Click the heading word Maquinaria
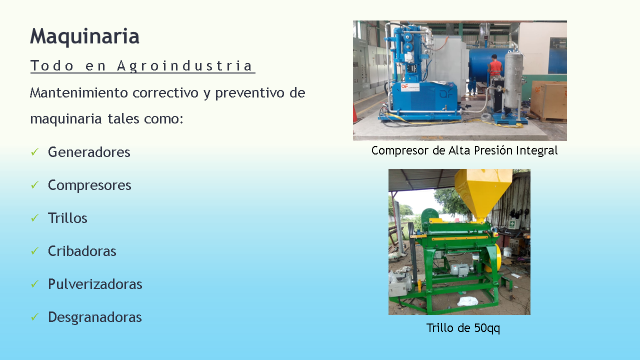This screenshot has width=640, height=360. pos(84,37)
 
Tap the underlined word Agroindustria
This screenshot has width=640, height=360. pos(184,66)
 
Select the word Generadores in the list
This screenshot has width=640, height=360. pos(89,152)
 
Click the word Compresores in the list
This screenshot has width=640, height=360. pos(89,185)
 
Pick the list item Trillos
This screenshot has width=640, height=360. pos(67,218)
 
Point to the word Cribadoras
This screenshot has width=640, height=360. pos(82,251)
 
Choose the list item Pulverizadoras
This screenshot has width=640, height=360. pos(95,284)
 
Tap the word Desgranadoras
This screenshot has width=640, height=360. pos(94,317)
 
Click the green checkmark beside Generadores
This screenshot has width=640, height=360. pos(34,152)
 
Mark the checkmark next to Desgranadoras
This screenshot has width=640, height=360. pos(34,317)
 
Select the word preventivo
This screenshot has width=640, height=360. pos(249,93)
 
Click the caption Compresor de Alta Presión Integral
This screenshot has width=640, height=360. pos(464,150)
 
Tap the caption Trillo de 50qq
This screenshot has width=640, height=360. pos(463,327)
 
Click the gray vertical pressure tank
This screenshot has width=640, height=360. pos(513,80)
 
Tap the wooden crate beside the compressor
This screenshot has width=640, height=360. pos(548,100)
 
